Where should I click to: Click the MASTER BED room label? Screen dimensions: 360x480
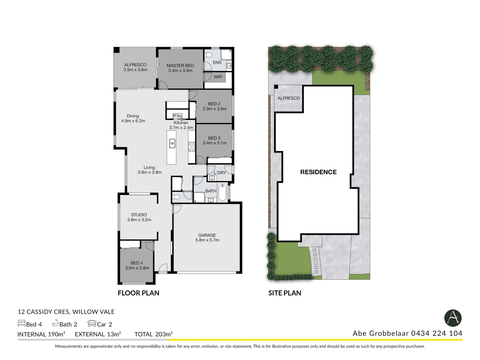[x=180, y=66]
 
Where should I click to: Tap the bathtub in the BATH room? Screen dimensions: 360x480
[x=222, y=192]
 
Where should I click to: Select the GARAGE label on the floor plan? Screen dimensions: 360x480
[x=207, y=235]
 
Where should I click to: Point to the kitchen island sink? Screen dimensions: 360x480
[x=172, y=143]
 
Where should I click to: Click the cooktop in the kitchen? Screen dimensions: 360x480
[x=192, y=147]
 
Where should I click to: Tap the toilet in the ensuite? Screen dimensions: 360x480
[x=209, y=54]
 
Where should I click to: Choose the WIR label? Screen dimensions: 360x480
[x=218, y=77]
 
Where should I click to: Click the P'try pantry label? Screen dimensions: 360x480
[x=177, y=116]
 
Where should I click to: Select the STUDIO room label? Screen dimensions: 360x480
[x=139, y=215]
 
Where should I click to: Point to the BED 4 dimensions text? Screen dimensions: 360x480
[x=137, y=268]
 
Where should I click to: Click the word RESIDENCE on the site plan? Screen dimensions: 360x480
[x=318, y=172]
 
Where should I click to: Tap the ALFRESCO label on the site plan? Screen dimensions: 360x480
[x=289, y=98]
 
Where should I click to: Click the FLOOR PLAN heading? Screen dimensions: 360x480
[x=138, y=293]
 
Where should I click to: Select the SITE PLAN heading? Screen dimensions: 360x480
[x=285, y=293]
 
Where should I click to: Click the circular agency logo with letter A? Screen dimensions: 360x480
[x=453, y=318]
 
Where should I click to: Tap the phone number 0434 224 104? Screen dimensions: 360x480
[x=437, y=333]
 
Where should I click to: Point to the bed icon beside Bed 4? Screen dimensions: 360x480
[x=21, y=323]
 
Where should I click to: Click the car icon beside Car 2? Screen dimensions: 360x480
[x=92, y=323]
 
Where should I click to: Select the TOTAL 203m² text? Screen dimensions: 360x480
[x=153, y=334]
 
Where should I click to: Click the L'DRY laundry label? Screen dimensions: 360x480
[x=220, y=173]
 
